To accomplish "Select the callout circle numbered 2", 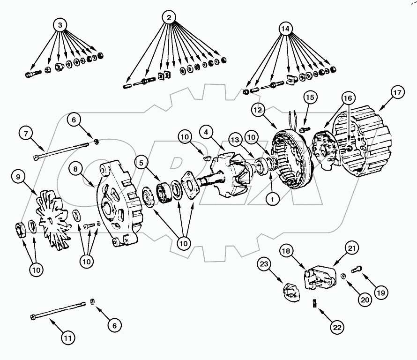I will (x=169, y=17).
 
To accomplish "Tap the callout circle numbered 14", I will (x=286, y=29).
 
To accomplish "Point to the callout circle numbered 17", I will (x=396, y=93).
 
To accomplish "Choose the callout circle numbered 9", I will (x=18, y=177).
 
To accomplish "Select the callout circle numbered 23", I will (x=264, y=265).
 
